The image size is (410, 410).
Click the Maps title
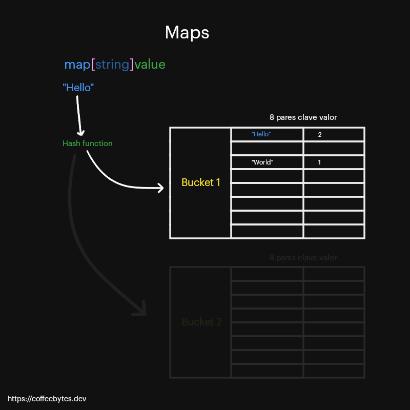[x=187, y=33]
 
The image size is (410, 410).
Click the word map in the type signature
[x=77, y=65]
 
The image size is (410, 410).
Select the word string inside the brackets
[x=112, y=65]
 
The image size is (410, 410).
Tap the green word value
[x=150, y=65]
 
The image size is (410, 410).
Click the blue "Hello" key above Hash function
[x=78, y=88]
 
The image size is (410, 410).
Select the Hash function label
[x=87, y=143]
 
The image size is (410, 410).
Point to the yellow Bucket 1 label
[x=201, y=182]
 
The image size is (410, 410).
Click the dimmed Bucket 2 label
[x=201, y=322]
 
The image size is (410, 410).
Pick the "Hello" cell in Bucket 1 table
[x=261, y=134]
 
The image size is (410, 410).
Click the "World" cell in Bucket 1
[x=262, y=162]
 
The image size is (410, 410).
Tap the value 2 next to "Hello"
[x=320, y=134]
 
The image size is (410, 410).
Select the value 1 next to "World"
[x=319, y=162]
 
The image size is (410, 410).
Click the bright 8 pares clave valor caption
[x=303, y=117]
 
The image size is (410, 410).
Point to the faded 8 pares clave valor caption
[x=303, y=258]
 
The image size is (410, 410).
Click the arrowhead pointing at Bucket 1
[x=161, y=188]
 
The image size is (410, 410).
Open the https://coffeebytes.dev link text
[x=44, y=398]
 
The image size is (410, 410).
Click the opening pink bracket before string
[x=93, y=65]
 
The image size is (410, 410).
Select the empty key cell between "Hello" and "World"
[x=267, y=149]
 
